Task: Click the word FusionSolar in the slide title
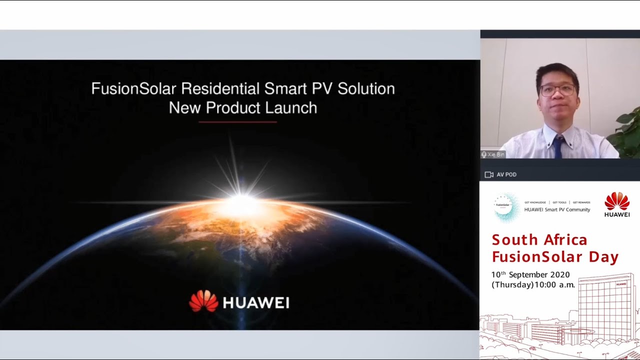point(133,89)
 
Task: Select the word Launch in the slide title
point(291,107)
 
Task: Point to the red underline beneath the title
point(237,121)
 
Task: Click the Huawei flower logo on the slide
point(203,301)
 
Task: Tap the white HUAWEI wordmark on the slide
point(255,302)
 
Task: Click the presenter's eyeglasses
point(557,90)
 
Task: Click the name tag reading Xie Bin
point(493,154)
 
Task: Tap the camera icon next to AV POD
point(489,174)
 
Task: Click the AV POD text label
point(506,174)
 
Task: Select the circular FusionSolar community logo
point(506,206)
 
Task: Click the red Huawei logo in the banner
point(617,204)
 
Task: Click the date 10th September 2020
point(530,274)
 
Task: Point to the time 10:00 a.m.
point(555,285)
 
